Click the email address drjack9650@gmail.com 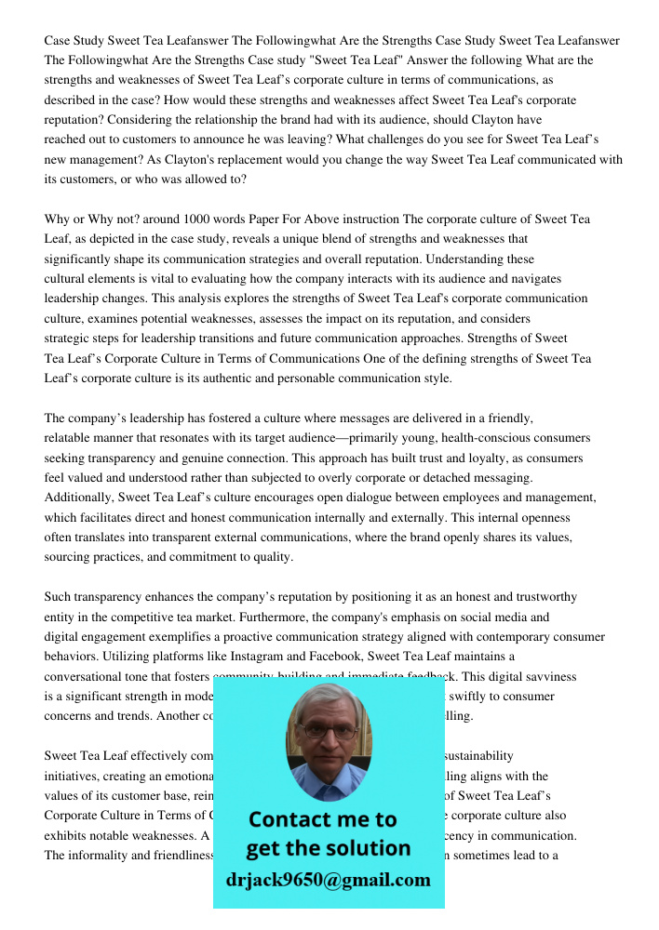pyautogui.click(x=328, y=880)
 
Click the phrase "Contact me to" pyautogui.click(x=322, y=819)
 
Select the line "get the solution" pyautogui.click(x=328, y=848)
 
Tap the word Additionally pyautogui.click(x=79, y=498)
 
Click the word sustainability pyautogui.click(x=480, y=756)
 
